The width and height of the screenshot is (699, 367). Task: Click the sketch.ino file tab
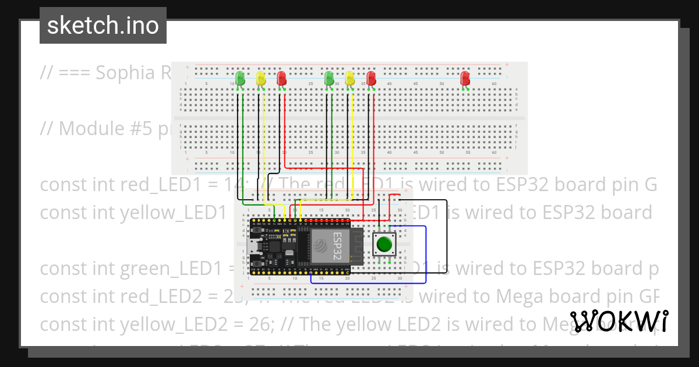pos(103,26)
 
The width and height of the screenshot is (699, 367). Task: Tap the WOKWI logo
pos(619,322)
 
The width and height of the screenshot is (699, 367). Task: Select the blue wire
pos(426,256)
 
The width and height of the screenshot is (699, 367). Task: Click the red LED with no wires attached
pos(465,78)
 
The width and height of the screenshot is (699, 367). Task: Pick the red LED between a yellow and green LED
pos(281,78)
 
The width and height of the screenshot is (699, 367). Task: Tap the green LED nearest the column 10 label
pos(240,78)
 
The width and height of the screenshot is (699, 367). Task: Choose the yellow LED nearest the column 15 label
pos(261,78)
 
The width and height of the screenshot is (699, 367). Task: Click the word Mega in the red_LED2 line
pos(518,297)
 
